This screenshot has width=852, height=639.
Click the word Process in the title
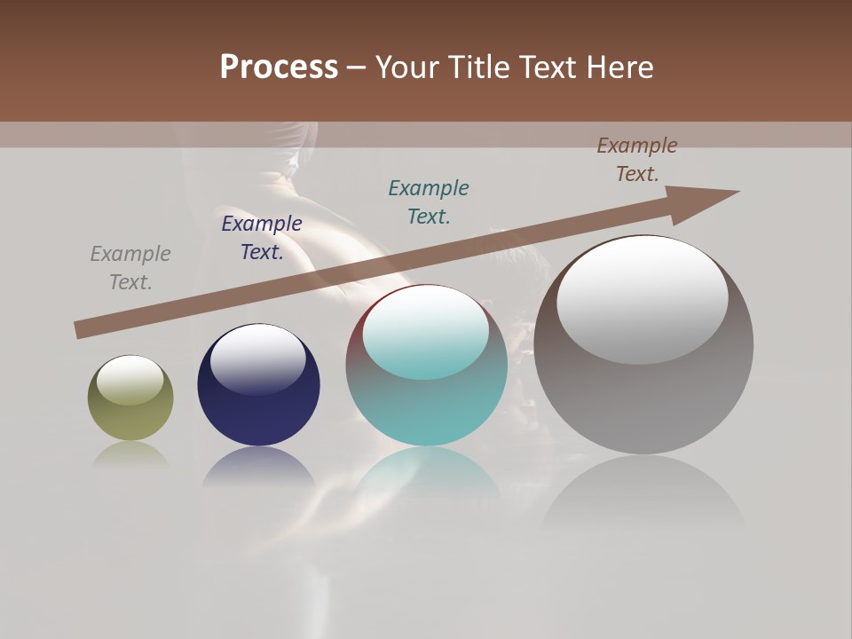[279, 67]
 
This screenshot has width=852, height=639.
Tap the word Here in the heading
[618, 67]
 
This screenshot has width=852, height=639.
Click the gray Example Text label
[130, 268]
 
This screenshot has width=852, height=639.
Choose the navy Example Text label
[262, 238]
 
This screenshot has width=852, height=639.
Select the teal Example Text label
[429, 201]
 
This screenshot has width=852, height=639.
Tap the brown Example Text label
[637, 160]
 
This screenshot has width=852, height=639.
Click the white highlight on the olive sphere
[130, 379]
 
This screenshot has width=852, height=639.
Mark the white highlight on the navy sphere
[257, 359]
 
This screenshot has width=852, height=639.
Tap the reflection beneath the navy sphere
[258, 466]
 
